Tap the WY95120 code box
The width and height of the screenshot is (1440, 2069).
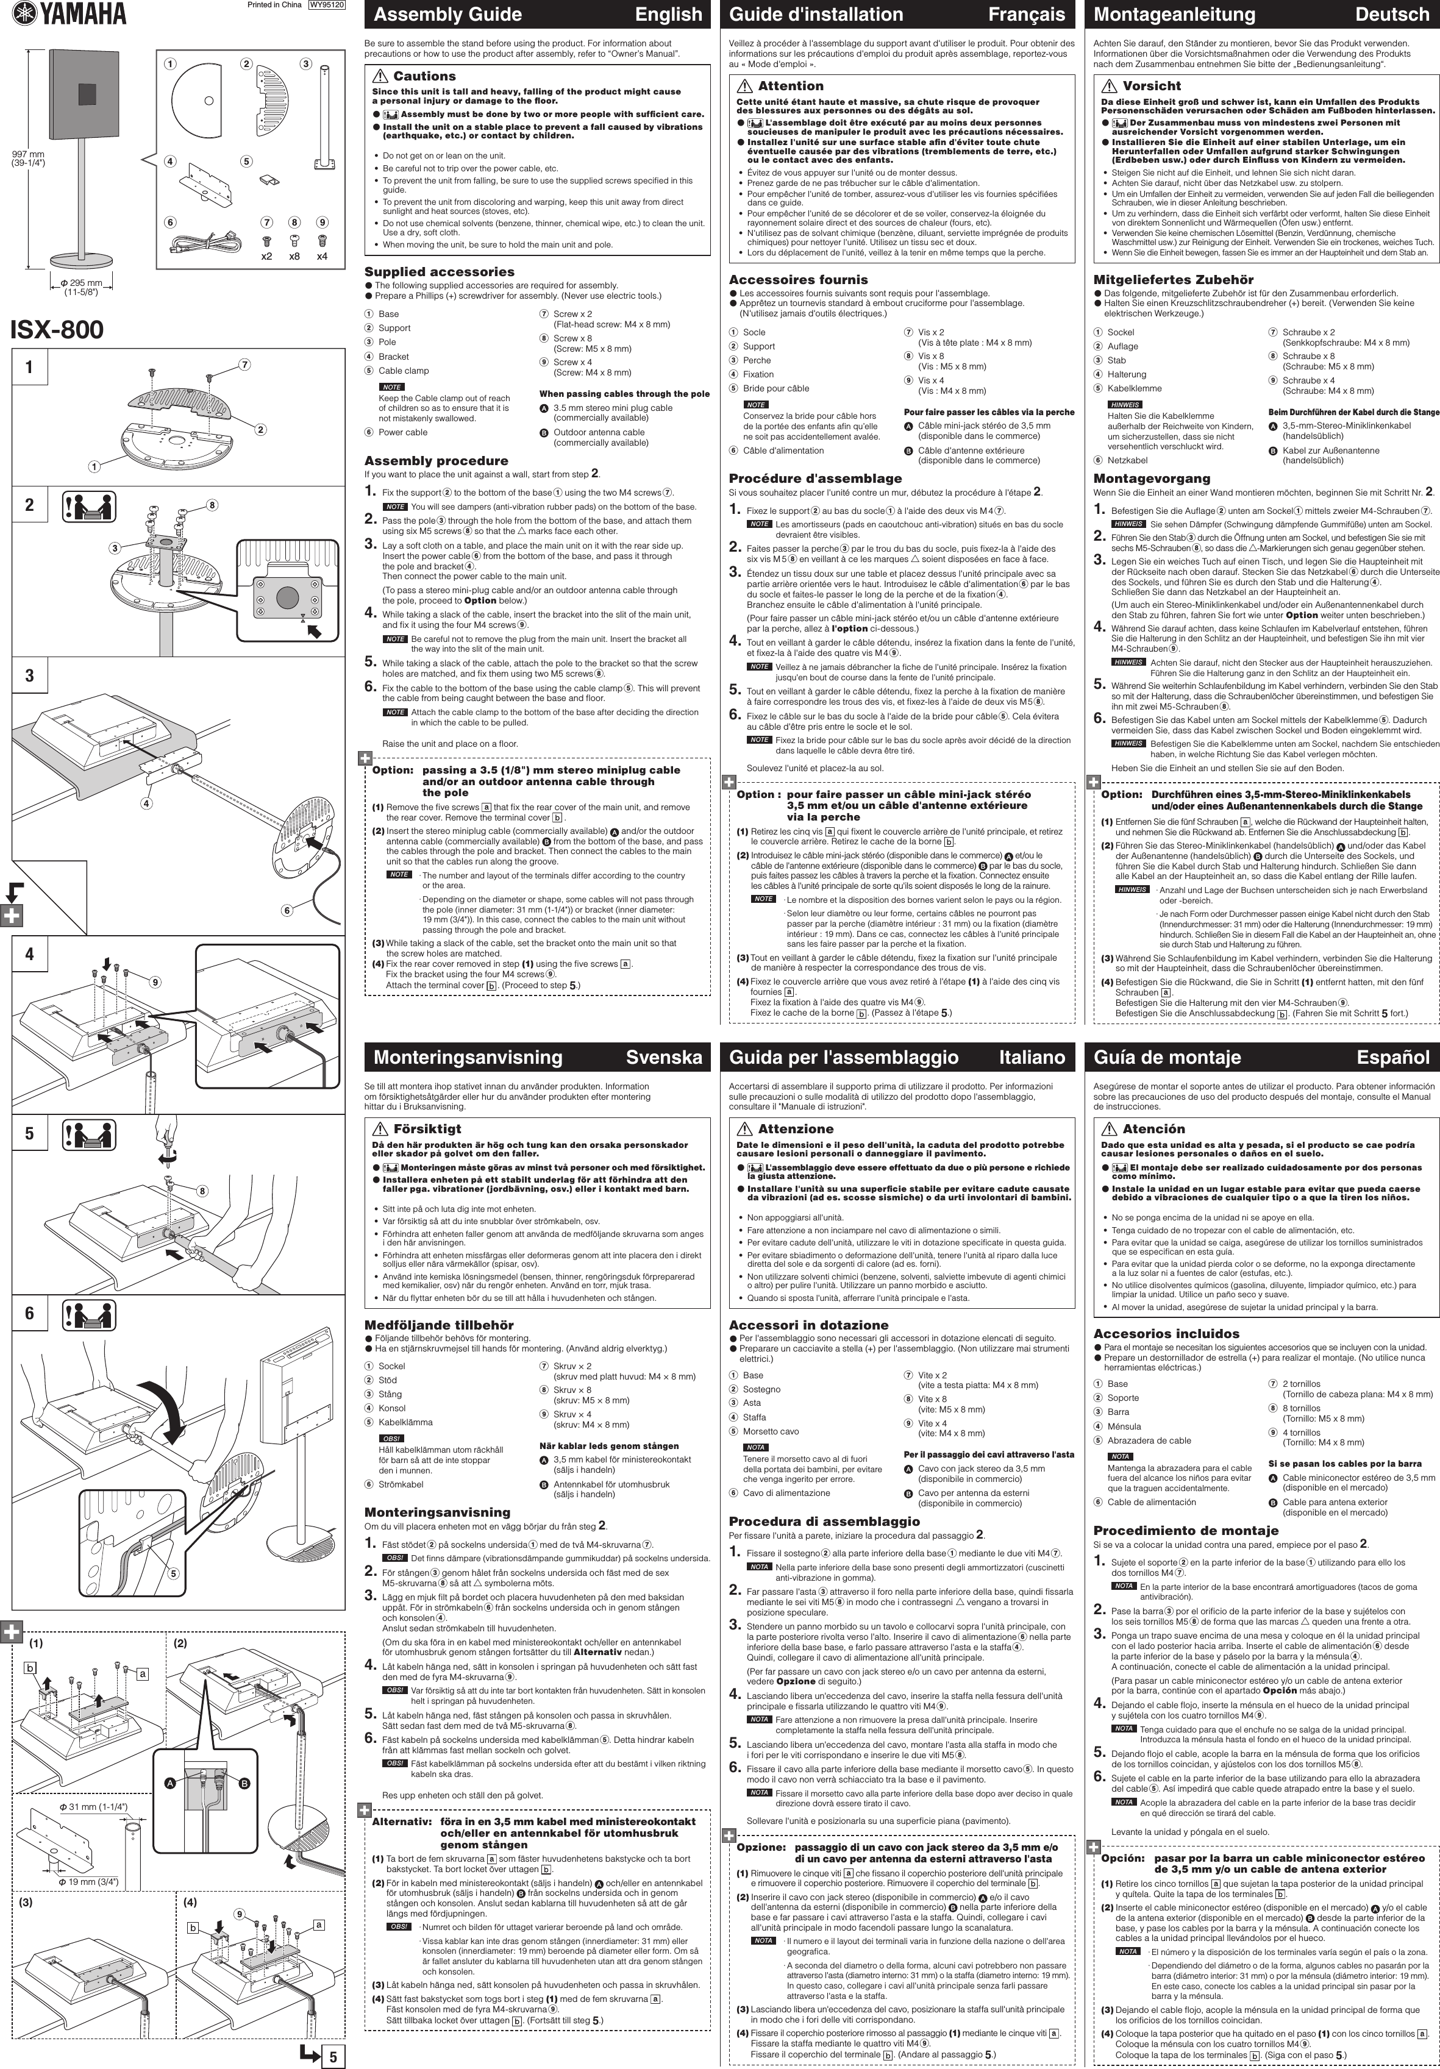[326, 5]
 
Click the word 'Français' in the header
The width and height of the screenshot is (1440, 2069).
[1027, 15]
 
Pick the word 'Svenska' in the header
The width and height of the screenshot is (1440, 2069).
[663, 1057]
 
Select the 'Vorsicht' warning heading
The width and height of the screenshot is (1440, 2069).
[1151, 85]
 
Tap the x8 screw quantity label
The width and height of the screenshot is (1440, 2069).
[294, 256]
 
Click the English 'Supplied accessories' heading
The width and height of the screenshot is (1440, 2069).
[439, 272]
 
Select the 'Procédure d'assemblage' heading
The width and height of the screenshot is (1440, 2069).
[814, 479]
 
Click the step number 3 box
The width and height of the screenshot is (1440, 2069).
[30, 675]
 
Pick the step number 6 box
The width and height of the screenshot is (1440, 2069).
[30, 1313]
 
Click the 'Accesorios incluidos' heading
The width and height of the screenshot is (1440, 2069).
[1166, 1334]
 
